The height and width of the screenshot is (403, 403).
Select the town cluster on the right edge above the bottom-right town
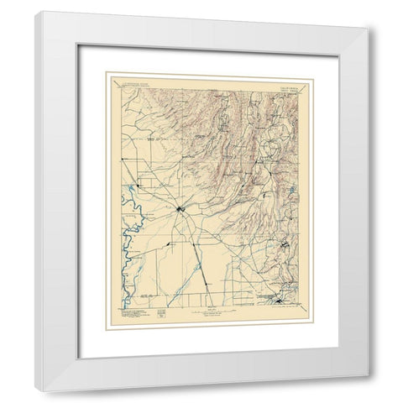coord(287,246)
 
